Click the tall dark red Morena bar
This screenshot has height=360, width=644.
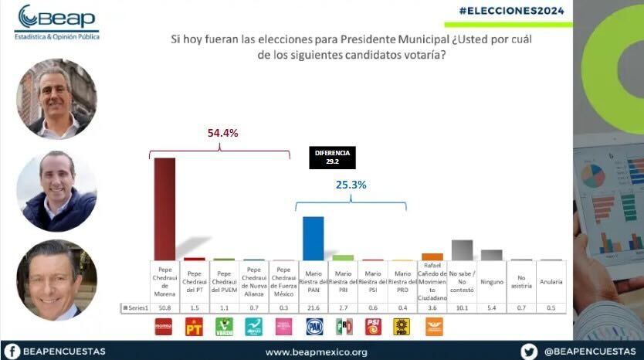(164, 209)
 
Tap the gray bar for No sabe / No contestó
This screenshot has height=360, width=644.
(462, 250)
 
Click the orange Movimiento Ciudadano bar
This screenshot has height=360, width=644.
(432, 256)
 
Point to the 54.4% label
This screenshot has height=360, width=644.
(222, 133)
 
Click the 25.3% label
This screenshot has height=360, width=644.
(351, 185)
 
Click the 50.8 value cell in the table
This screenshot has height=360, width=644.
(164, 308)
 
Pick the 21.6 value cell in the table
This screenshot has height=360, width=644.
(314, 308)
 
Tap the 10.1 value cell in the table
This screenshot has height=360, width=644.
(462, 308)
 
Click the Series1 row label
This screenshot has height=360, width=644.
(134, 308)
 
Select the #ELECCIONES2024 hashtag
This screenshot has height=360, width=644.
(510, 11)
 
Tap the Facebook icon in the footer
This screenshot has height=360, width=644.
(13, 351)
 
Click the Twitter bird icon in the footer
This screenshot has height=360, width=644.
(529, 351)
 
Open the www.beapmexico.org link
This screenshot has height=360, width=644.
(316, 352)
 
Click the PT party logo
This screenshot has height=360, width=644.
(194, 328)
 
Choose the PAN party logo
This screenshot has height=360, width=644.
(314, 328)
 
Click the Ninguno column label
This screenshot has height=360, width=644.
(492, 282)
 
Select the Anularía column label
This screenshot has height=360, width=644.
(551, 282)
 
